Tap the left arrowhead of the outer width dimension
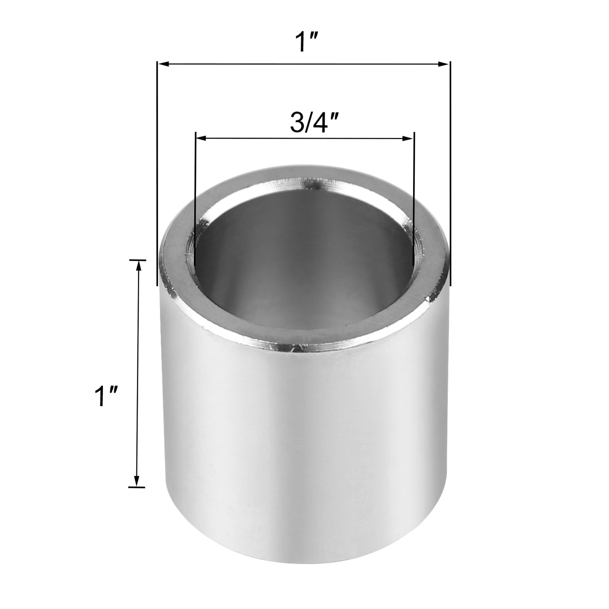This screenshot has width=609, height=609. point(163,64)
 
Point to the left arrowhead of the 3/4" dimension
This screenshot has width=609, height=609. point(201,138)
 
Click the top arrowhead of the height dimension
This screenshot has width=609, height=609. point(137,265)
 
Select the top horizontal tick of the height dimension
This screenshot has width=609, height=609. point(137,260)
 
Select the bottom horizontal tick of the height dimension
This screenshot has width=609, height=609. point(137,488)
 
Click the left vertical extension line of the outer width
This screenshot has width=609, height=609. point(157,169)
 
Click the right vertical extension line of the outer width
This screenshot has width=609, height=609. point(450,169)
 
